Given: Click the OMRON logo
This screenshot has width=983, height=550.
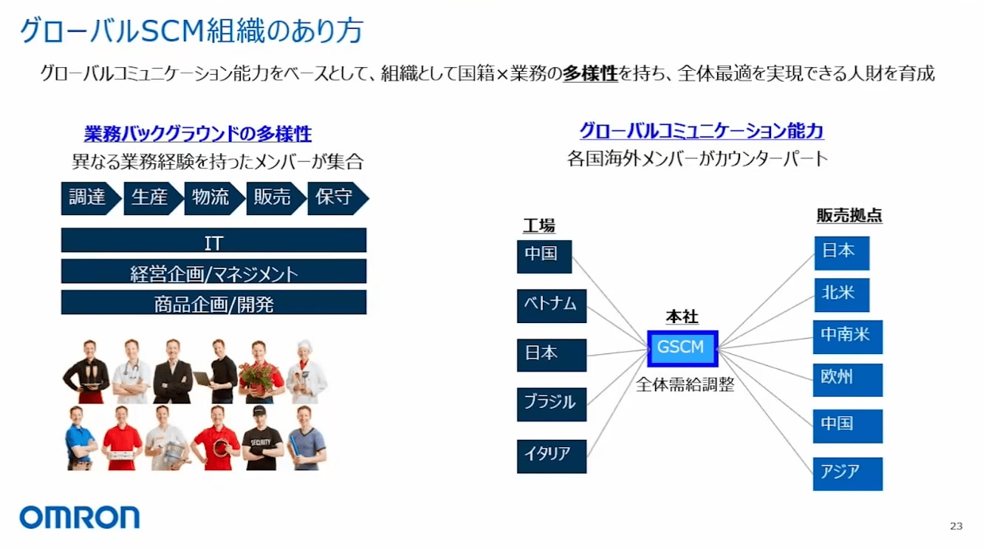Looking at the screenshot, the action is click(x=80, y=517).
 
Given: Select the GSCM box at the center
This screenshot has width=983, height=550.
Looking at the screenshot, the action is click(x=682, y=348).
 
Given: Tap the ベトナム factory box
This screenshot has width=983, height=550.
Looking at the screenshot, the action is click(x=552, y=306).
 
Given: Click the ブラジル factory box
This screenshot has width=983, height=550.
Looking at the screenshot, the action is click(x=552, y=404).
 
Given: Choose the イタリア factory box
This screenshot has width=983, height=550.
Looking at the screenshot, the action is click(x=552, y=456).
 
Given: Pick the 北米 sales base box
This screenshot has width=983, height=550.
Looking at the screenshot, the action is click(x=842, y=295).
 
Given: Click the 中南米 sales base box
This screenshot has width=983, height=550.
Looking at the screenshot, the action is click(x=848, y=337).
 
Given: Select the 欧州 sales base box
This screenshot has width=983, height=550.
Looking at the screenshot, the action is click(x=848, y=380).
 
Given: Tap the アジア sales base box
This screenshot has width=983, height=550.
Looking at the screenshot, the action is click(x=848, y=474).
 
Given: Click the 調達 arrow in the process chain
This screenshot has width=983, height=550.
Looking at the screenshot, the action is click(x=91, y=199).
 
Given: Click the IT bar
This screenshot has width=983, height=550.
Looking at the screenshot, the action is click(x=213, y=240).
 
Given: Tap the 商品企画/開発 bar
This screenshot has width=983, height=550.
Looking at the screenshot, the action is click(x=213, y=302).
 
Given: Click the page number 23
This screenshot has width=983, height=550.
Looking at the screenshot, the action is click(x=956, y=526).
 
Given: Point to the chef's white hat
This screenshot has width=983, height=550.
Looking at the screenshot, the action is click(x=304, y=346).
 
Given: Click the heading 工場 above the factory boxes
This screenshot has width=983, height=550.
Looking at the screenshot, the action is click(x=539, y=225).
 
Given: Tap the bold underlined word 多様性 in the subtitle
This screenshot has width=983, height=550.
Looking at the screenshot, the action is click(x=590, y=73).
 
